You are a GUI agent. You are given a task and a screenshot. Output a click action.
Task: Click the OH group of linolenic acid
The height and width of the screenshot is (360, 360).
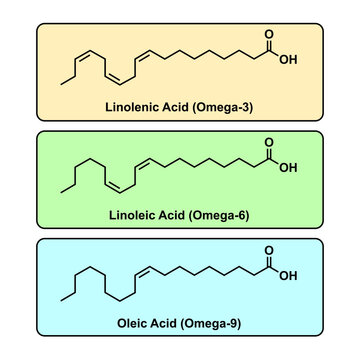289,59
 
